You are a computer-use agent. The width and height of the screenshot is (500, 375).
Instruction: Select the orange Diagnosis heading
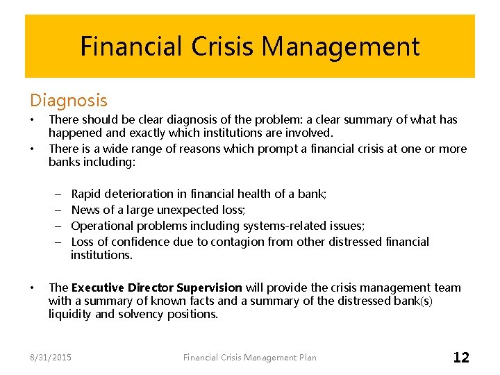pos(68,101)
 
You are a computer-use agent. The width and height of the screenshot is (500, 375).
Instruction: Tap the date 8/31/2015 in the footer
pos(51,358)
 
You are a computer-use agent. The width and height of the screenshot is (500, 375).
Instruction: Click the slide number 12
pos(461,358)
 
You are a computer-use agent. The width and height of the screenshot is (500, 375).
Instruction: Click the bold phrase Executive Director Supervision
pos(156,287)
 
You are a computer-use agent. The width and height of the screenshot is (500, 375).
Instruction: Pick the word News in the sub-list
pos(85,210)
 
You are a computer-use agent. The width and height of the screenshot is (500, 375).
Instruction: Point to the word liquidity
pos(69,314)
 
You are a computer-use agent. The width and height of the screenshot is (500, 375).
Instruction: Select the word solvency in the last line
pos(142,314)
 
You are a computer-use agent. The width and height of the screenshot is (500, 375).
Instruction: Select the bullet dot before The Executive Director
pos(33,287)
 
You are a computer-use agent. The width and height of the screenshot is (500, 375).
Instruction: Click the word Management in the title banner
pos(340,47)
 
